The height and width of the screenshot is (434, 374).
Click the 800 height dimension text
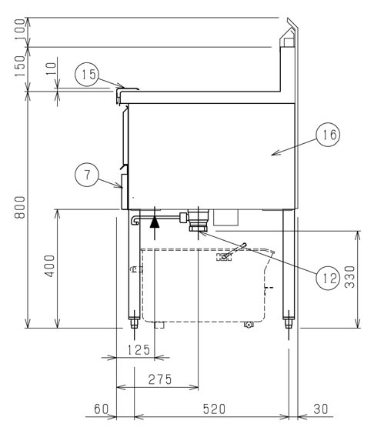(x=20, y=208)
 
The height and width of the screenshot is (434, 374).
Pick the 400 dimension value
(x=50, y=266)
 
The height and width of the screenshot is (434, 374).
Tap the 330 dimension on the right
(x=349, y=277)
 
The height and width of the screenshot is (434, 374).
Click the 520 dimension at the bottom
(x=214, y=409)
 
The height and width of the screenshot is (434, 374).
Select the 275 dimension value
(x=160, y=379)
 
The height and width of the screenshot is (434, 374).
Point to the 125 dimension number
(x=139, y=350)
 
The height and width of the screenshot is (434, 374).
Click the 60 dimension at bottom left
(x=101, y=409)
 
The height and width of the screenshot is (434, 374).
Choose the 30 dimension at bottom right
(x=321, y=409)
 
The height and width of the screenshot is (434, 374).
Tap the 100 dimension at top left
(x=20, y=29)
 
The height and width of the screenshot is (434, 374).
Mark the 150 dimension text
(x=20, y=66)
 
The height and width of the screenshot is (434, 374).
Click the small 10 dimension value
(x=51, y=69)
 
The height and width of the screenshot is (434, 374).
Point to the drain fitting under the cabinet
(x=199, y=220)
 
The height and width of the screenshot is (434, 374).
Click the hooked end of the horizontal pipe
(x=134, y=220)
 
